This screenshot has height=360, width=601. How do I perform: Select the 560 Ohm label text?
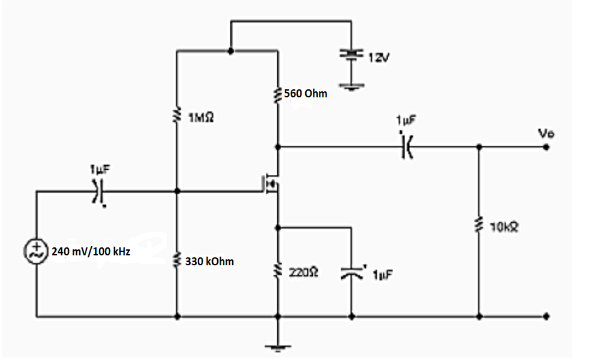306,94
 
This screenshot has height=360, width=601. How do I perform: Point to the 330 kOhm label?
209,262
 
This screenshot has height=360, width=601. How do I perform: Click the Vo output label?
545,133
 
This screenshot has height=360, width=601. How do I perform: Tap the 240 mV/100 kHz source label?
91,253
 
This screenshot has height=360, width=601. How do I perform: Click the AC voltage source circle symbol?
36,252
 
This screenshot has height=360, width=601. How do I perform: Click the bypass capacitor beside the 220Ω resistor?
351,273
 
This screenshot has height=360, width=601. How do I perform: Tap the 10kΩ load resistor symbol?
479,225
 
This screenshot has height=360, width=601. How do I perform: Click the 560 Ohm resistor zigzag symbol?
278,94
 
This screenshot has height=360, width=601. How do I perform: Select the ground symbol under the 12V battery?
351,87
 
